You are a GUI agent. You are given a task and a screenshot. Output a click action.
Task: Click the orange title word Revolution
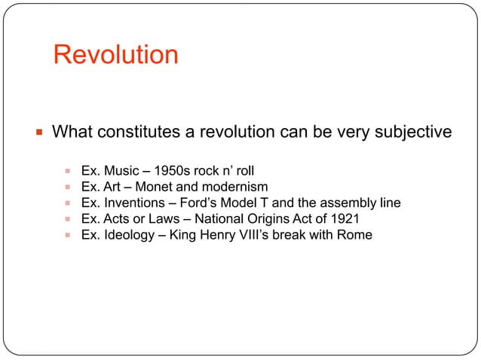(115, 55)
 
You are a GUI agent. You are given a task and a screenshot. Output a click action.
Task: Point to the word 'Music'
(121, 170)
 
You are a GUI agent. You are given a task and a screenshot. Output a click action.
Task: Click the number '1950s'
(173, 170)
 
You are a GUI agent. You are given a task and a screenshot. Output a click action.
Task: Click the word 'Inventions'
(133, 203)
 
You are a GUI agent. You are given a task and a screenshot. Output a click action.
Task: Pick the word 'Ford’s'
(194, 203)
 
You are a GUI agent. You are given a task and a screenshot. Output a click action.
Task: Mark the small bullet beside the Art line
(68, 187)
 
